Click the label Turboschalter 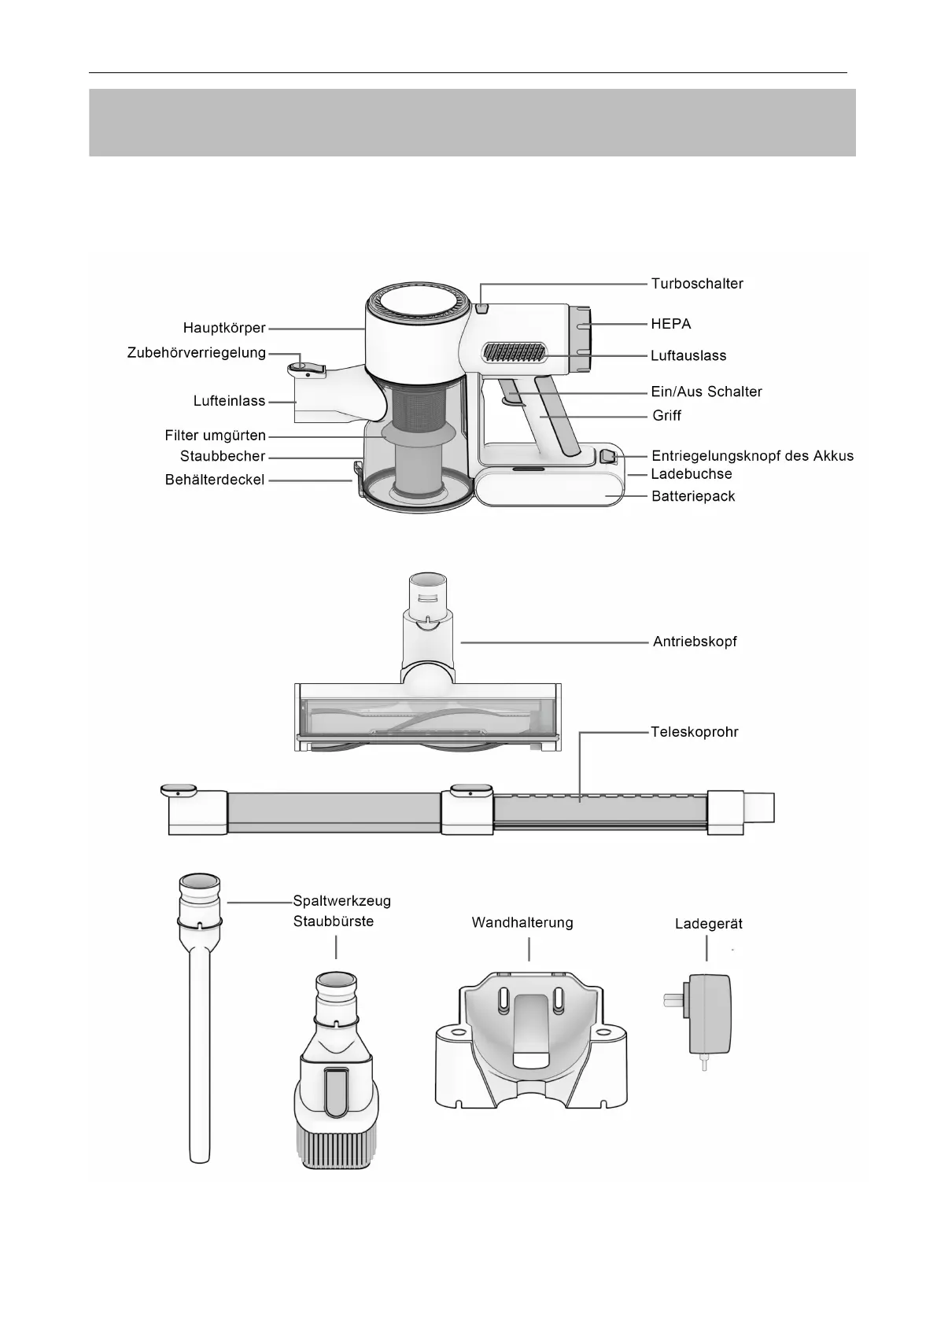696,284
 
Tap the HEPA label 670,324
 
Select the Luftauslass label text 688,356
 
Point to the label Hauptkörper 224,328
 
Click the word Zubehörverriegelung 196,353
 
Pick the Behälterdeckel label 214,479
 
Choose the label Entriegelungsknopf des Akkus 752,456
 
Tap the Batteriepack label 693,497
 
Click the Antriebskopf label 695,642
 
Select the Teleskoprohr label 694,732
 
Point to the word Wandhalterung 522,923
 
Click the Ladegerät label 708,925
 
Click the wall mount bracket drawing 531,1046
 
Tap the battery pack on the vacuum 551,487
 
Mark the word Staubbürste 334,921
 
